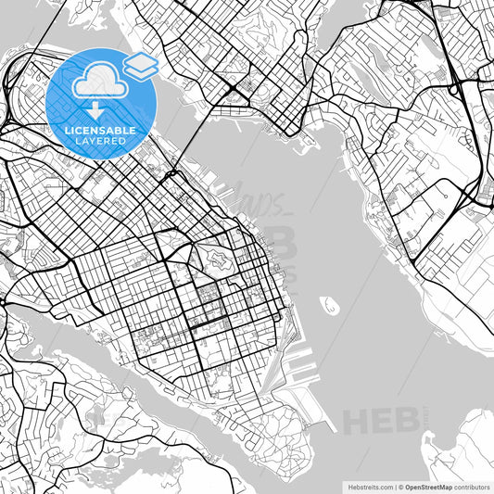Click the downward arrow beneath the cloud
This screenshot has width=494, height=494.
[x=96, y=109]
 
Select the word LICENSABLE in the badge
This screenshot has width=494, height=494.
[x=101, y=131]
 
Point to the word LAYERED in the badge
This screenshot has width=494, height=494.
[x=101, y=141]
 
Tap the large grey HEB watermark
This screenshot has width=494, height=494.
[x=380, y=419]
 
